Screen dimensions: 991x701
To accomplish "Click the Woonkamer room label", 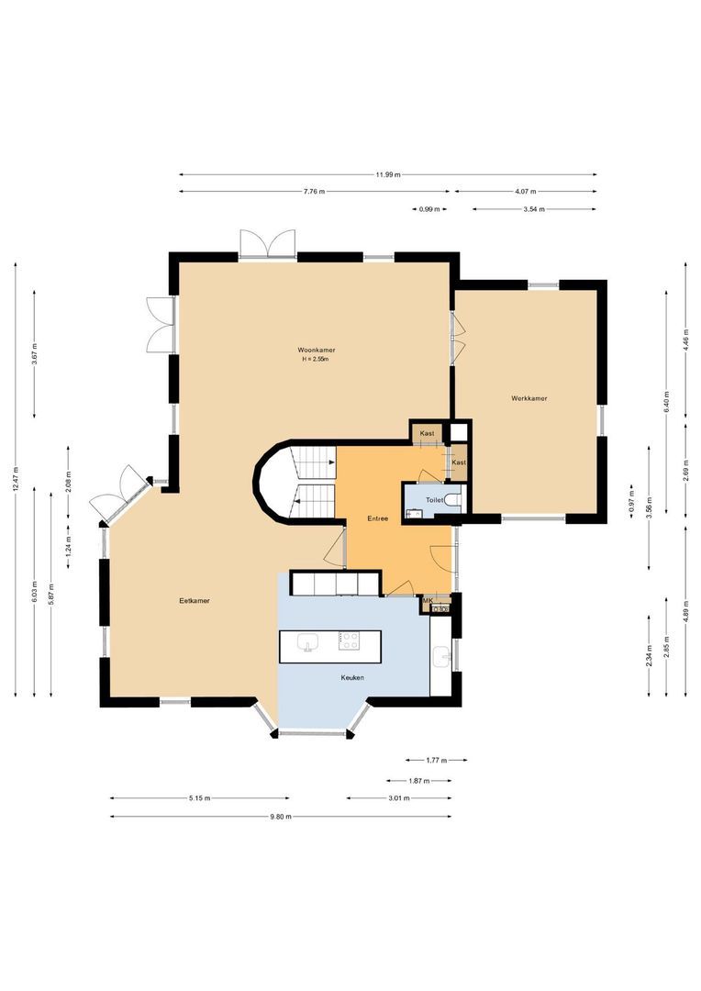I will point(315,350).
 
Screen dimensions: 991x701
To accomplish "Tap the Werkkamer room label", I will point(529,398).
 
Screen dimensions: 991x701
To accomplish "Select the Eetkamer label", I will point(195,601).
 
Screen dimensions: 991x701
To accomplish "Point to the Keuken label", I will point(350,677).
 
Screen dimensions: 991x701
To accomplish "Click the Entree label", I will point(377,518).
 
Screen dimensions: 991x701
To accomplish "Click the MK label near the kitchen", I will point(427,600).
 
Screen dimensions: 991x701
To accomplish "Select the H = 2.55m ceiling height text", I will point(315,360).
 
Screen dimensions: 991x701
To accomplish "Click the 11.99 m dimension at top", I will point(387,174).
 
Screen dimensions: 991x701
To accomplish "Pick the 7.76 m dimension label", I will point(315,192).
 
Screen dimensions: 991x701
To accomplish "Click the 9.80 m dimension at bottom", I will point(280,816).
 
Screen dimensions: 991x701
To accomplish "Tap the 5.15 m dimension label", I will point(199,798).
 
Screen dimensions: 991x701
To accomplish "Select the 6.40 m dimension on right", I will point(667,400).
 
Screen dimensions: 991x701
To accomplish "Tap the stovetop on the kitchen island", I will point(349,640).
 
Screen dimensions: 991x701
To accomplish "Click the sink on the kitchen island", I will point(306,641).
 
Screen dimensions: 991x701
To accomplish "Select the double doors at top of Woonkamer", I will point(267,245).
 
